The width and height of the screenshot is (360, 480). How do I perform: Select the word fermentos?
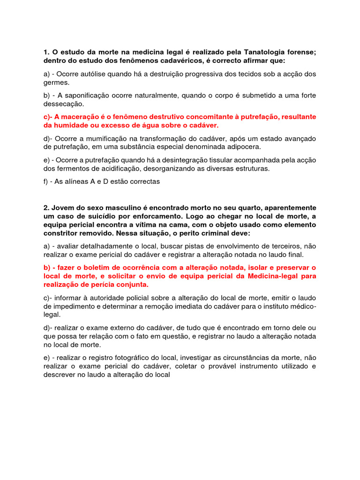click(x=75, y=168)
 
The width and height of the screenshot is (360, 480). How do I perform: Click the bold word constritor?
click(x=61, y=232)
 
